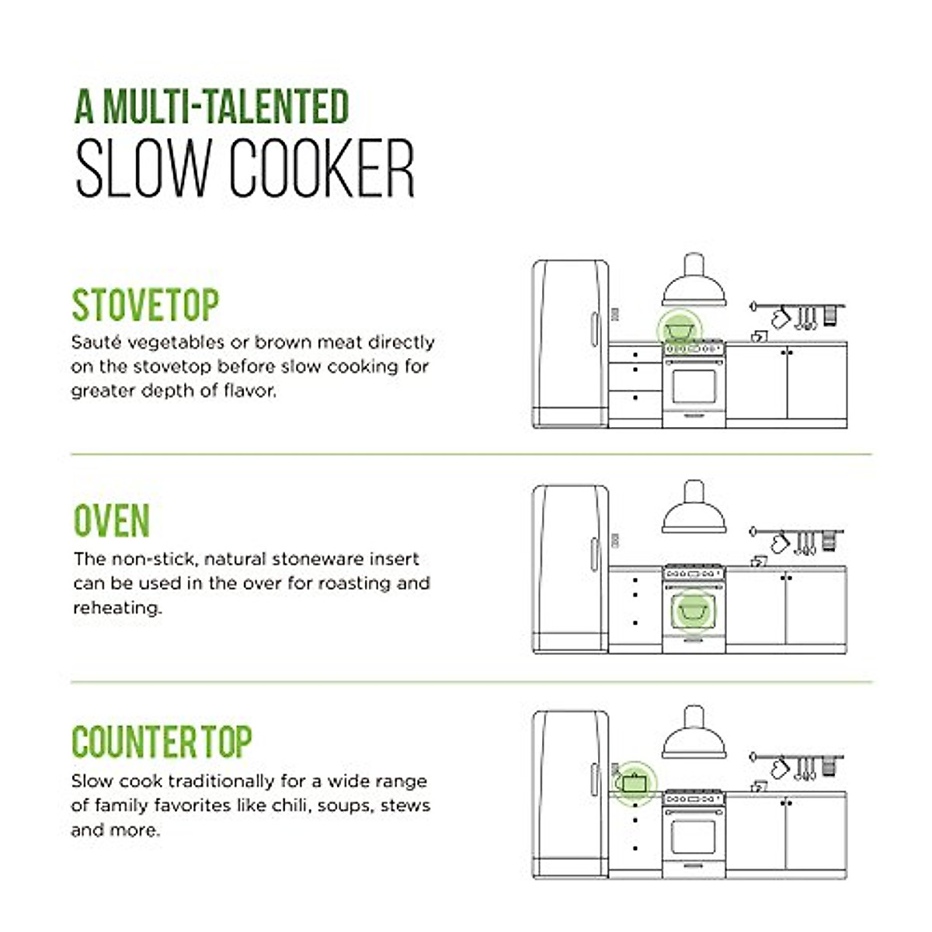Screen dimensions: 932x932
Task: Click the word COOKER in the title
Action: click(x=322, y=169)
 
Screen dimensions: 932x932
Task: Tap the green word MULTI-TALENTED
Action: click(x=226, y=107)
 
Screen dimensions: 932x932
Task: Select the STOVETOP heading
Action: click(x=145, y=305)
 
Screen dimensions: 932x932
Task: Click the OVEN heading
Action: click(x=111, y=521)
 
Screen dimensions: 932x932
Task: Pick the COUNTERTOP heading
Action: click(x=162, y=742)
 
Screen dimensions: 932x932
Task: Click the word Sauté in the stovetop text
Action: click(x=96, y=343)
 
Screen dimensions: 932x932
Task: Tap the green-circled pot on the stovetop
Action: click(x=679, y=329)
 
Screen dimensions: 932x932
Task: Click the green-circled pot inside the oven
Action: click(x=693, y=610)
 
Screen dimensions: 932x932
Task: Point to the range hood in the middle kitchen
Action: click(x=694, y=509)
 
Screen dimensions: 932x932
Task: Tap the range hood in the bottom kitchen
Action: click(x=694, y=735)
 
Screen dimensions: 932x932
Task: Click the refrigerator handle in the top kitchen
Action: click(x=594, y=329)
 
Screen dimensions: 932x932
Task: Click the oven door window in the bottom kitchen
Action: click(x=693, y=837)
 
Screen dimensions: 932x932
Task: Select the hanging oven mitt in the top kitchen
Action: click(x=780, y=318)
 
